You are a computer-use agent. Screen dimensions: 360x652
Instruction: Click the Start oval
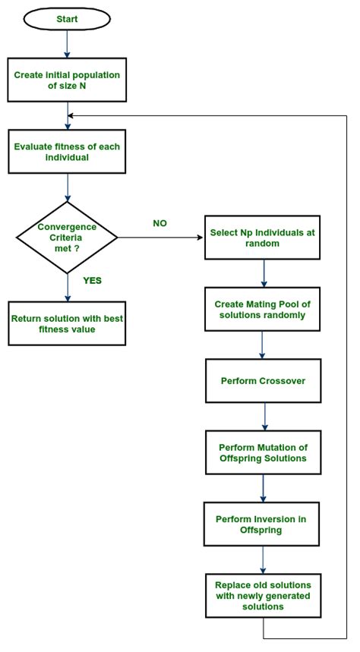(67, 19)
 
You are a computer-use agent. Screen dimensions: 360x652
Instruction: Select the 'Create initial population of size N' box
(67, 80)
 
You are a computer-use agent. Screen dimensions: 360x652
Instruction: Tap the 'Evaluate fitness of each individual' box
(67, 151)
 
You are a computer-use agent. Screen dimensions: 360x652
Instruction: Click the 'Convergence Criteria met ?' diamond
(67, 238)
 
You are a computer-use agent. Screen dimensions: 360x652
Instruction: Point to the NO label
(159, 223)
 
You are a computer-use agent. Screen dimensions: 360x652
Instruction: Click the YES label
(92, 281)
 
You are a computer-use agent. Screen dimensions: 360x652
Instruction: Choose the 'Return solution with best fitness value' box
(67, 323)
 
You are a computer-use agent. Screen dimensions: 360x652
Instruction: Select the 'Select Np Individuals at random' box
(262, 238)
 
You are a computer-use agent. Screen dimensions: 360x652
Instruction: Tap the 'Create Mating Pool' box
(263, 309)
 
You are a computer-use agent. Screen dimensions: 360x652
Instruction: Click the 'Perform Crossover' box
(263, 380)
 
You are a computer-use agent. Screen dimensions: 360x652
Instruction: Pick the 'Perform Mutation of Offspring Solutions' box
(263, 452)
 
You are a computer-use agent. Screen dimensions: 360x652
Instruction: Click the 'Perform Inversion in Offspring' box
(261, 524)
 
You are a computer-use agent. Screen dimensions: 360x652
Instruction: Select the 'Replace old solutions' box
(263, 595)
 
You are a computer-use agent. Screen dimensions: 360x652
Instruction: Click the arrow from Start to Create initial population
(67, 44)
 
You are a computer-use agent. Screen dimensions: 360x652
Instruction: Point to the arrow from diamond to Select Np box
(161, 238)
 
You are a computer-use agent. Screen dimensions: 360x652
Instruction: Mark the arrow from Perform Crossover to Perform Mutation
(264, 417)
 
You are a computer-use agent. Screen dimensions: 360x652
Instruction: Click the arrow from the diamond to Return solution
(67, 288)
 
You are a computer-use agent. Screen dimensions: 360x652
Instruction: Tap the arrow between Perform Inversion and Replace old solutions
(263, 559)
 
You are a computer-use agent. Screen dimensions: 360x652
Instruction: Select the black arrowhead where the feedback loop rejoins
(70, 115)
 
